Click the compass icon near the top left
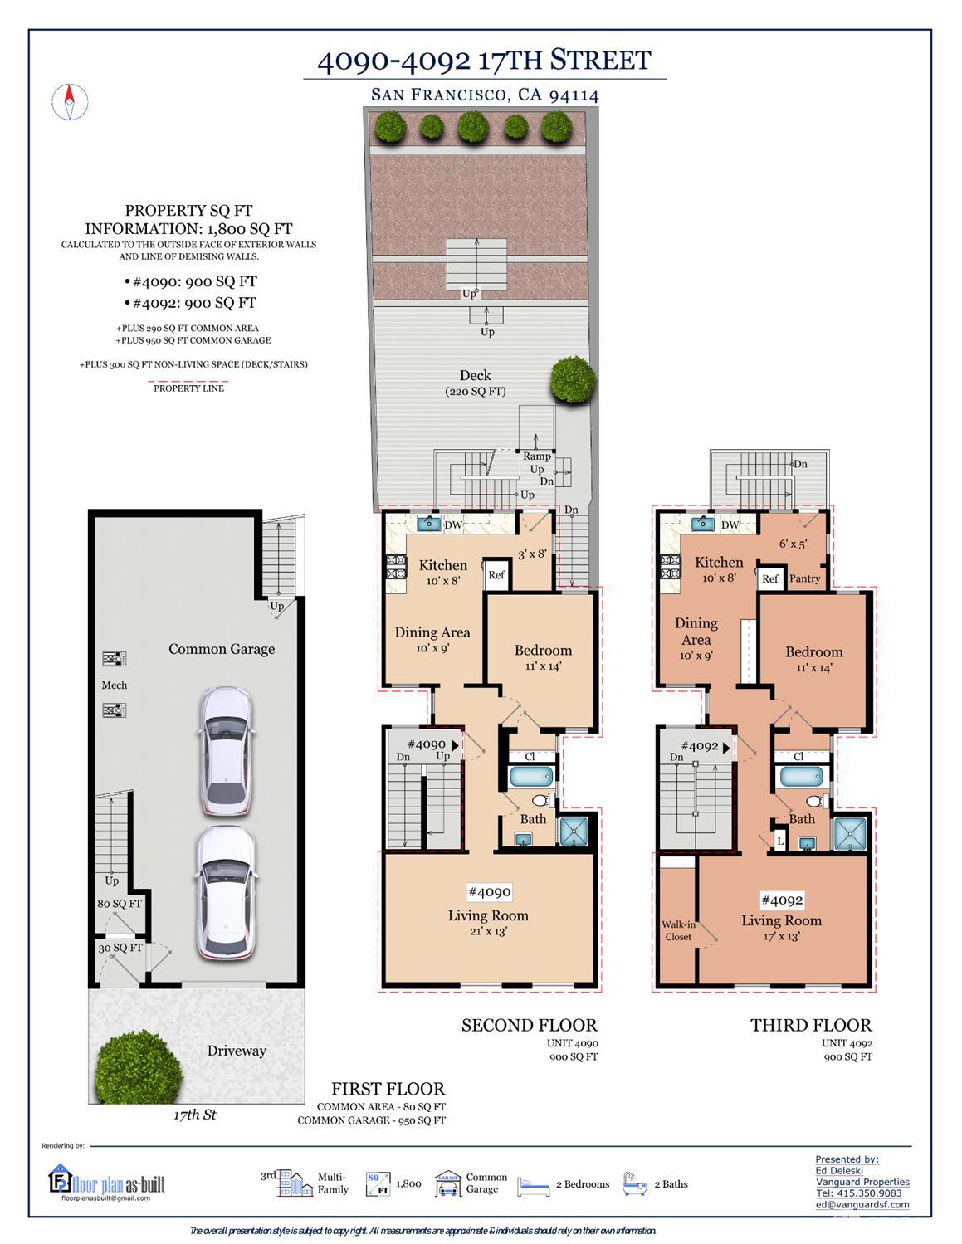70,103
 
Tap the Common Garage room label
222,649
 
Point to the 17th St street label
194,1115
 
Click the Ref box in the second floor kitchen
496,574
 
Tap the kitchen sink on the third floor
702,524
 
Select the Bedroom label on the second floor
543,651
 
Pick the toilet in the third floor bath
814,801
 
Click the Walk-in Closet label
678,930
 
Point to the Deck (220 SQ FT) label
475,383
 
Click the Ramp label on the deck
537,456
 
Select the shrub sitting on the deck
573,380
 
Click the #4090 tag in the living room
489,892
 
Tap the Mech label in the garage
115,685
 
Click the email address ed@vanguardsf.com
862,1204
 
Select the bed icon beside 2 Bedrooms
534,1185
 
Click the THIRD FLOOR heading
811,1025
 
